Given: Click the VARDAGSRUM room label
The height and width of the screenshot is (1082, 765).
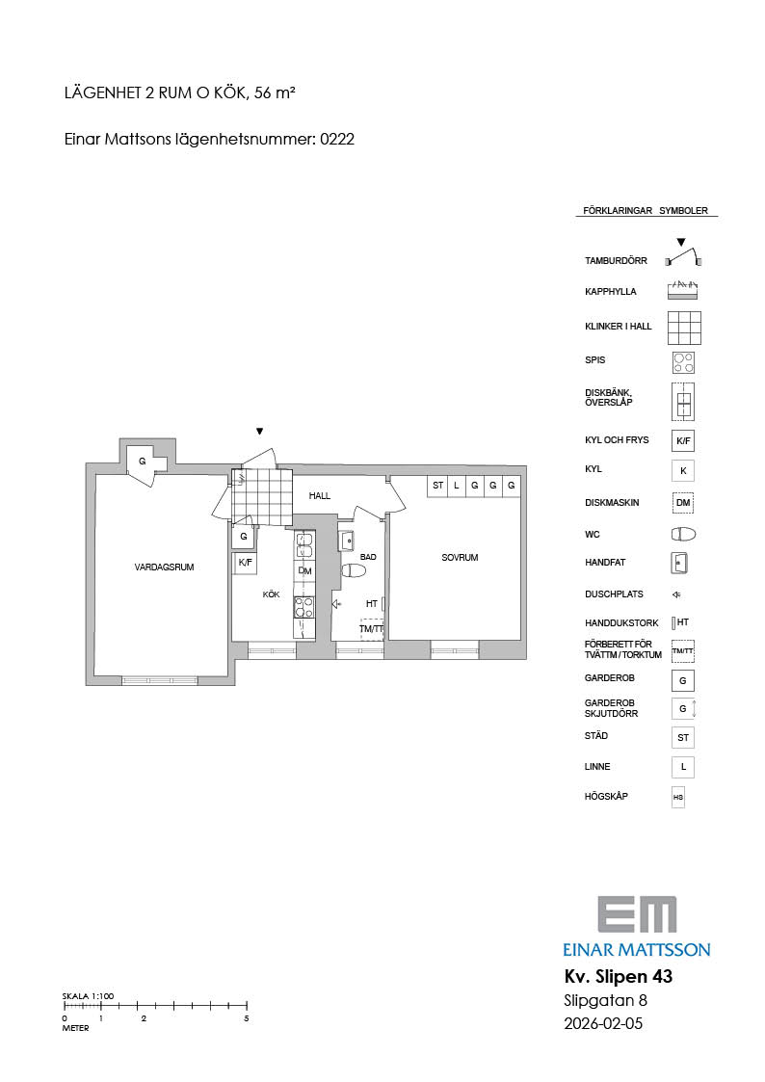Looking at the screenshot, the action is pyautogui.click(x=164, y=567).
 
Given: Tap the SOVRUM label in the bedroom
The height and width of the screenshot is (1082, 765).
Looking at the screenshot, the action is pyautogui.click(x=460, y=558).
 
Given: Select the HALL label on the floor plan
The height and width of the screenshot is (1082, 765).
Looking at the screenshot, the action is pyautogui.click(x=319, y=495).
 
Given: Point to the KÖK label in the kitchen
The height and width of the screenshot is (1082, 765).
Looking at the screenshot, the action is pyautogui.click(x=271, y=594).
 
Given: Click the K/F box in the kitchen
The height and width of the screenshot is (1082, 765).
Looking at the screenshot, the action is pyautogui.click(x=245, y=563).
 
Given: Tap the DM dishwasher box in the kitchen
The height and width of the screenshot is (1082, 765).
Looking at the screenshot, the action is pyautogui.click(x=304, y=570).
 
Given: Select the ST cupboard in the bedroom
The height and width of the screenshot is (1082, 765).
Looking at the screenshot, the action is pyautogui.click(x=438, y=486).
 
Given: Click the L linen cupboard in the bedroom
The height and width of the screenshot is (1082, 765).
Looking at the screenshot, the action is pyautogui.click(x=456, y=486).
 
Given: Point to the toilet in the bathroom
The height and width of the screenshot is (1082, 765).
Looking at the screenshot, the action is pyautogui.click(x=354, y=570).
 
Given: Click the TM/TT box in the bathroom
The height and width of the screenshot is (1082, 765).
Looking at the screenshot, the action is pyautogui.click(x=371, y=628).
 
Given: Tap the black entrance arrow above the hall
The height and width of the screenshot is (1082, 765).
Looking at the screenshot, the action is pyautogui.click(x=259, y=432).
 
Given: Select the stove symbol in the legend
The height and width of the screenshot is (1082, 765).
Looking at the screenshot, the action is pyautogui.click(x=683, y=363).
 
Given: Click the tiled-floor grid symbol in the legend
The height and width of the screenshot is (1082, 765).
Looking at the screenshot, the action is pyautogui.click(x=684, y=328).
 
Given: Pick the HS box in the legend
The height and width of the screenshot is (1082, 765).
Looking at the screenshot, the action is pyautogui.click(x=678, y=797).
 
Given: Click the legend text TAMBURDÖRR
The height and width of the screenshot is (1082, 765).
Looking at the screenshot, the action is pyautogui.click(x=616, y=261).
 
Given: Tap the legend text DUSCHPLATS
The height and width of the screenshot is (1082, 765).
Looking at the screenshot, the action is pyautogui.click(x=614, y=594).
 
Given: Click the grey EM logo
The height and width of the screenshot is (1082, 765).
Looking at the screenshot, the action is pyautogui.click(x=638, y=915).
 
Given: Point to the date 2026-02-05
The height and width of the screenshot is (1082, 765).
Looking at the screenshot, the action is pyautogui.click(x=603, y=1023).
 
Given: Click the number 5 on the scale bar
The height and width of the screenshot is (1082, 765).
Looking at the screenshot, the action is pyautogui.click(x=247, y=1018).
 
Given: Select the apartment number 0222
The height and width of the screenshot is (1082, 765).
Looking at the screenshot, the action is pyautogui.click(x=337, y=139).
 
